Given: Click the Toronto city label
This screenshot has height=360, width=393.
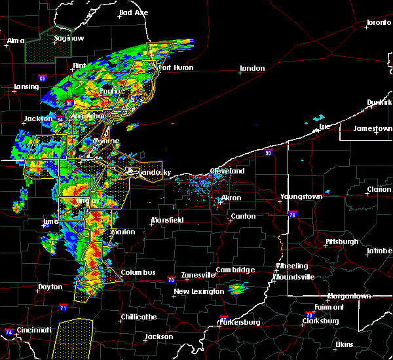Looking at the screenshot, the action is click(379, 23).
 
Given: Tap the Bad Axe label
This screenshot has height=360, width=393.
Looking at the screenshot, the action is click(134, 12).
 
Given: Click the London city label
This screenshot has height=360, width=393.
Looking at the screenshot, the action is click(252, 68).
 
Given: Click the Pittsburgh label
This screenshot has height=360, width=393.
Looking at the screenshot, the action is click(342, 242).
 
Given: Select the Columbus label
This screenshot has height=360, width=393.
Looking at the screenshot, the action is click(138, 272).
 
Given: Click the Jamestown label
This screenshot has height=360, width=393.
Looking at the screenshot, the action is click(373, 128).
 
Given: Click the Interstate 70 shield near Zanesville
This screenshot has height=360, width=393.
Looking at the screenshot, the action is click(170, 279).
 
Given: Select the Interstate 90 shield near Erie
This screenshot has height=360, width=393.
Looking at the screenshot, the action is click(268, 153).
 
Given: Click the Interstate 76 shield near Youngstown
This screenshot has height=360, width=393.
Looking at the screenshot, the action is click(292, 214).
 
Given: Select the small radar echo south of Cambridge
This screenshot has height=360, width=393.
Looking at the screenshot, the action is click(237, 288).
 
